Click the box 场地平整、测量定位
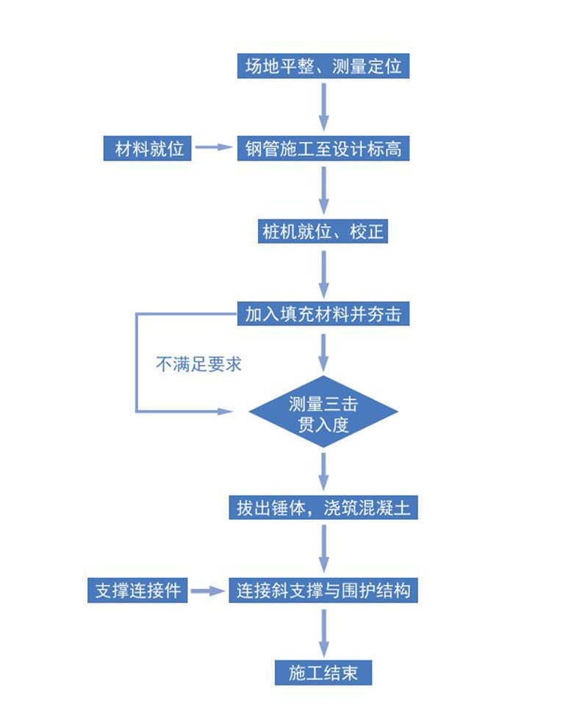point(323,66)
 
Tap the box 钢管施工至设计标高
point(323,149)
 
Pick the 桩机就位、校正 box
point(323,232)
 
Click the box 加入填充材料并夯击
point(323,315)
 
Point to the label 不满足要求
point(198,364)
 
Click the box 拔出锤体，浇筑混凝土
point(323,507)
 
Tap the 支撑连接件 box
point(137,591)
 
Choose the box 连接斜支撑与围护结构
point(323,591)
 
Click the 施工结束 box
point(323,672)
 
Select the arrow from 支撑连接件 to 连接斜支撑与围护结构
point(209,591)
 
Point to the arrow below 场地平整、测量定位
point(323,107)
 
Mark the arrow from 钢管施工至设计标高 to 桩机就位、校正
point(323,190)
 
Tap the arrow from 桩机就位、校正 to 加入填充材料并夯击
point(323,274)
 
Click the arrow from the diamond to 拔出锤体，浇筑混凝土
point(323,471)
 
